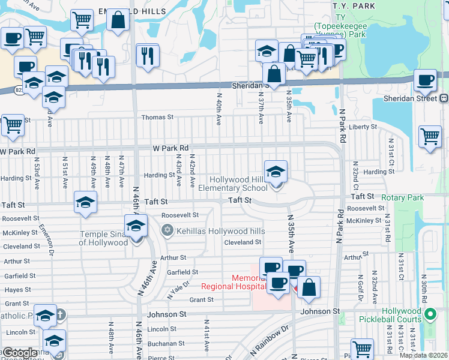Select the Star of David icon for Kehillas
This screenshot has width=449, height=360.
(x=167, y=230)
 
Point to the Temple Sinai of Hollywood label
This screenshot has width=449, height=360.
(x=104, y=238)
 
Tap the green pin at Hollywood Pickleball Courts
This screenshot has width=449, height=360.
(x=429, y=314)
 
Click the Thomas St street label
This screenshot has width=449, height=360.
(x=157, y=118)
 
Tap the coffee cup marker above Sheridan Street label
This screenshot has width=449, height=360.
(x=425, y=80)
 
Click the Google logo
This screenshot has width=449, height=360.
(x=20, y=353)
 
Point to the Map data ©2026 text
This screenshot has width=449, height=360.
(x=423, y=355)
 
